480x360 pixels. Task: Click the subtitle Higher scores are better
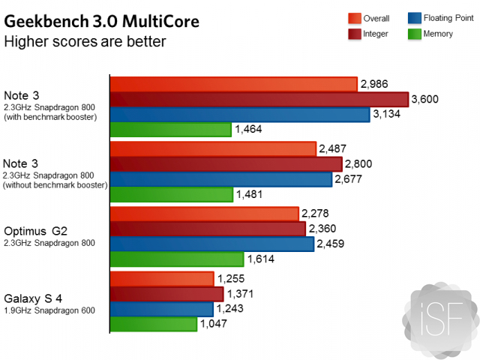coord(85,40)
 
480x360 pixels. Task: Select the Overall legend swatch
coord(355,18)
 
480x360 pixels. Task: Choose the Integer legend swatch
coord(355,33)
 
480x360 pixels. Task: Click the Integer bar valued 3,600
coord(259,100)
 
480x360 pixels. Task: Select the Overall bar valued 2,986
coord(233,84)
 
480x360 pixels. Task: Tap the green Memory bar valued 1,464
coord(170,130)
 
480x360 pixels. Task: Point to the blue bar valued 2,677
coord(221,179)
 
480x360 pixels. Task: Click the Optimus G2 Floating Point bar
coord(212,244)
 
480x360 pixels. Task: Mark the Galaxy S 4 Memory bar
coord(154,324)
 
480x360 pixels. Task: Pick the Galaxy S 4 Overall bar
coord(162,279)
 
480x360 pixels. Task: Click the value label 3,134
coord(389,114)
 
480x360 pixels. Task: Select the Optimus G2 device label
coord(35,232)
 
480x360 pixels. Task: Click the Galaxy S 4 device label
coord(34,298)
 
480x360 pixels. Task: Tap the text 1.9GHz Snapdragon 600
coord(49,310)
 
